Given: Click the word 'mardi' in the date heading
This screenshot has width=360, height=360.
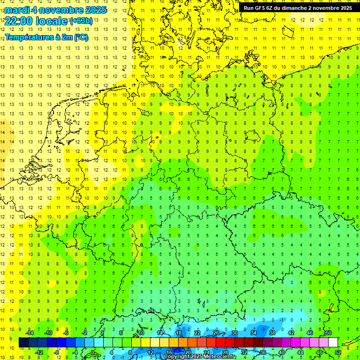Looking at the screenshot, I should click(x=15, y=10).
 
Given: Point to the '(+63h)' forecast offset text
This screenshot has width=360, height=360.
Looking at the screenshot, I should click(x=81, y=21).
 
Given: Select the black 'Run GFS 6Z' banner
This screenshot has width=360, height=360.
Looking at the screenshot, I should click(x=298, y=7).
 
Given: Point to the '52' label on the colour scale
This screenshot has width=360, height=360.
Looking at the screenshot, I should click(x=337, y=352).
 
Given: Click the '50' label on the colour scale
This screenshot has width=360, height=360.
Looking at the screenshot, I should click(x=328, y=333).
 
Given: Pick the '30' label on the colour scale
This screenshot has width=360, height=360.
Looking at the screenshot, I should click(x=234, y=333).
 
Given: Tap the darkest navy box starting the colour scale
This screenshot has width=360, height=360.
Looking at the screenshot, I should click(x=23, y=343).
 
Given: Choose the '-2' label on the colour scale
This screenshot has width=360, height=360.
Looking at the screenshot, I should click(x=84, y=333).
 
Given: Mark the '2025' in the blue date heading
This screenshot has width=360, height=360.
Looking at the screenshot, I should click(x=93, y=10).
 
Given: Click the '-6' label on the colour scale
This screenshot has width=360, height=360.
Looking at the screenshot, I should click(x=66, y=333).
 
